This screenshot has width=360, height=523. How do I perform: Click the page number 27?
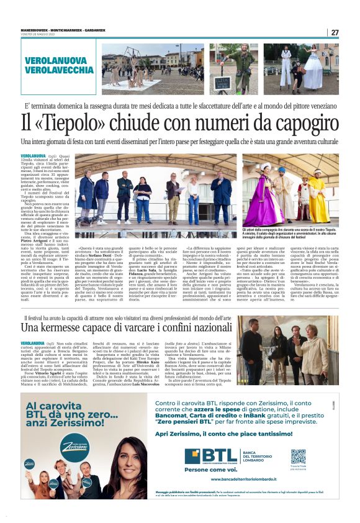point(335,32)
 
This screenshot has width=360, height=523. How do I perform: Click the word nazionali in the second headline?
point(200,327)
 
